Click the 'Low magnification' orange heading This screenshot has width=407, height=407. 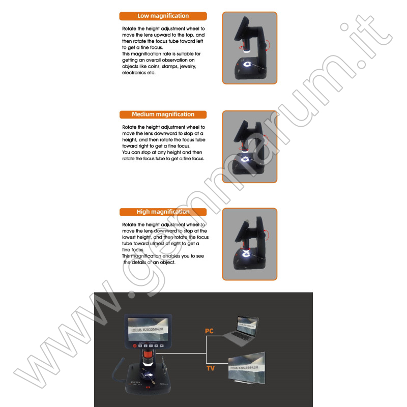(x=163, y=16)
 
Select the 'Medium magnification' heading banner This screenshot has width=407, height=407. (x=163, y=114)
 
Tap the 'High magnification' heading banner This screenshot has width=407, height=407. (x=163, y=212)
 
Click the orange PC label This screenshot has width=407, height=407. (x=210, y=331)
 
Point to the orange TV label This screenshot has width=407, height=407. (x=210, y=368)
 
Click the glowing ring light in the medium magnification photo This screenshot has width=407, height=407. (x=245, y=161)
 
